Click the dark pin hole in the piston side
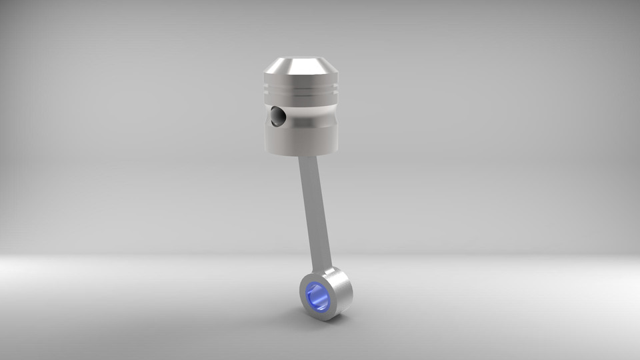coord(277,117)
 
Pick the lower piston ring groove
coord(301,94)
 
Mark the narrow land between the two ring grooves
coord(301,90)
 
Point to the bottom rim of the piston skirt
coord(301,154)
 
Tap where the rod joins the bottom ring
coord(328,270)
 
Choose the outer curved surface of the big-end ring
coord(342,290)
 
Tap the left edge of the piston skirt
coord(266,137)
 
